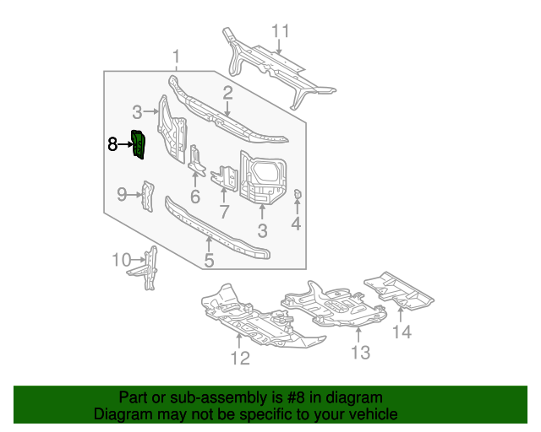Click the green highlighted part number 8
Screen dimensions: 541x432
point(139,144)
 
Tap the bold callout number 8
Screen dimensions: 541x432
point(112,144)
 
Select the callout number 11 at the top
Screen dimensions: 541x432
point(280,31)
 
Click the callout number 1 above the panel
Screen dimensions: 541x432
point(177,57)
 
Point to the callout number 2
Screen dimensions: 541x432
point(227,94)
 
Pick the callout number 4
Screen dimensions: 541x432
point(296,224)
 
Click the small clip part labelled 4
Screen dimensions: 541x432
point(298,195)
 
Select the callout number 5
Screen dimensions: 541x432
point(209,261)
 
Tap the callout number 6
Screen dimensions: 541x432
point(195,197)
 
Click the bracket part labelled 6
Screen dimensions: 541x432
point(195,160)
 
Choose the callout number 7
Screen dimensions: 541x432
point(224,212)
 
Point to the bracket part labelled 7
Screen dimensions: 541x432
point(225,178)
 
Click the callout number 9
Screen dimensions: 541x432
point(122,195)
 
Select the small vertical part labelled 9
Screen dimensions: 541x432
point(148,196)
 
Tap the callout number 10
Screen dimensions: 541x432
point(122,260)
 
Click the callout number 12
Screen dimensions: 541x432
point(240,359)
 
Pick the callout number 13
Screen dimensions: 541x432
point(361,353)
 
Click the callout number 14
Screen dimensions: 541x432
point(402,332)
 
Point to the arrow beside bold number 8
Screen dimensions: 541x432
point(126,144)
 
